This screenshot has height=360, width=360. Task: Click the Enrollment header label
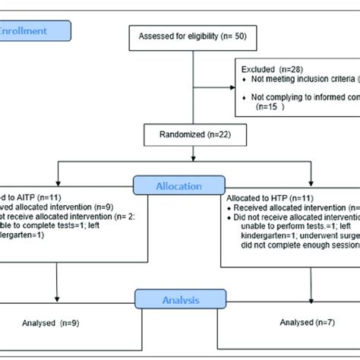(x=34, y=31)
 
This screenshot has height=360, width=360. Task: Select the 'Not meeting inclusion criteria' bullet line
(x=296, y=78)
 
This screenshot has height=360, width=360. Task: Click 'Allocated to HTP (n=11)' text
(x=268, y=197)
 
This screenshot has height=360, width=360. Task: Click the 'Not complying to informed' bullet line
(x=296, y=97)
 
